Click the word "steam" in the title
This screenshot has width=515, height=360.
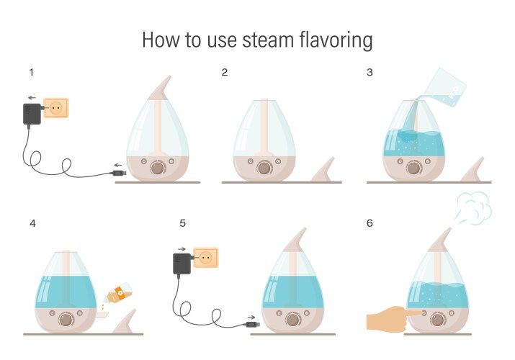coord(263,40)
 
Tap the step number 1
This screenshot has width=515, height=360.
coord(32,73)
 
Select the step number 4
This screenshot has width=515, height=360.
coord(32,223)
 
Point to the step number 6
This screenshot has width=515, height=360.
coord(370,223)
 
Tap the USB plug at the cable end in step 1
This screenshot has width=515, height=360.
coord(119,174)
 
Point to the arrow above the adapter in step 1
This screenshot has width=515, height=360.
coord(31,97)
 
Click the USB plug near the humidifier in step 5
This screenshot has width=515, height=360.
coord(251,325)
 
